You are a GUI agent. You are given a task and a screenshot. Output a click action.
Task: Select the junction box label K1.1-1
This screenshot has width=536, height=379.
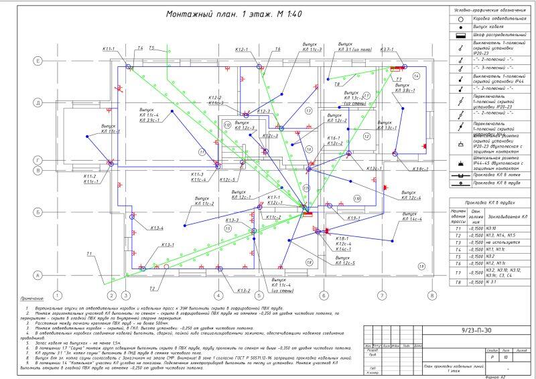109,49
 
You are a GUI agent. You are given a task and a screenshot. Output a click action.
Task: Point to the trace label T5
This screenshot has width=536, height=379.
152,48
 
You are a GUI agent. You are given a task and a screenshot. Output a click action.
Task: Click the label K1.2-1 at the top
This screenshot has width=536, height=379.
242,50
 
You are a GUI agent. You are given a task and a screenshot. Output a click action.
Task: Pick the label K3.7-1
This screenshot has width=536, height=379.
387,50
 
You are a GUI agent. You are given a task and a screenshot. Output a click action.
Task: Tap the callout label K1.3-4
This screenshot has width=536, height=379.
156,228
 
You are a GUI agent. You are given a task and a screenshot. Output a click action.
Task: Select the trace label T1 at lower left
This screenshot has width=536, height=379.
89,253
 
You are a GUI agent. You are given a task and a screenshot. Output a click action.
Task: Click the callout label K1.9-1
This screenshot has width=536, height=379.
354,218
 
